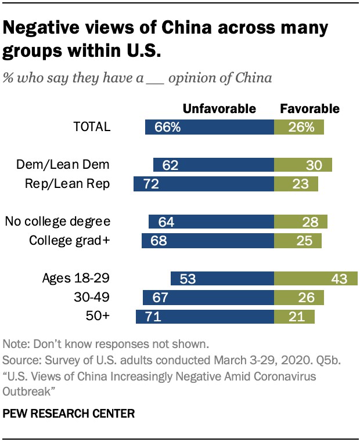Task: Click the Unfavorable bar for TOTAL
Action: point(210,127)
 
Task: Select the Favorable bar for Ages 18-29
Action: point(311,278)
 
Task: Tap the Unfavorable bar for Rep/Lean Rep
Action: point(204,184)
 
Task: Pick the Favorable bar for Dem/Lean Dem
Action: point(303,165)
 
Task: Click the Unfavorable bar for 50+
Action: point(205,317)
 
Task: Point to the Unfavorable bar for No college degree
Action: point(211,222)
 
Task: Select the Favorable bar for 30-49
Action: point(298,298)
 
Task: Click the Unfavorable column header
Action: point(219,108)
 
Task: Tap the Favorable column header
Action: point(309,108)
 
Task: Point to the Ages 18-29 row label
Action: point(77,278)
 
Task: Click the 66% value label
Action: point(168,127)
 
